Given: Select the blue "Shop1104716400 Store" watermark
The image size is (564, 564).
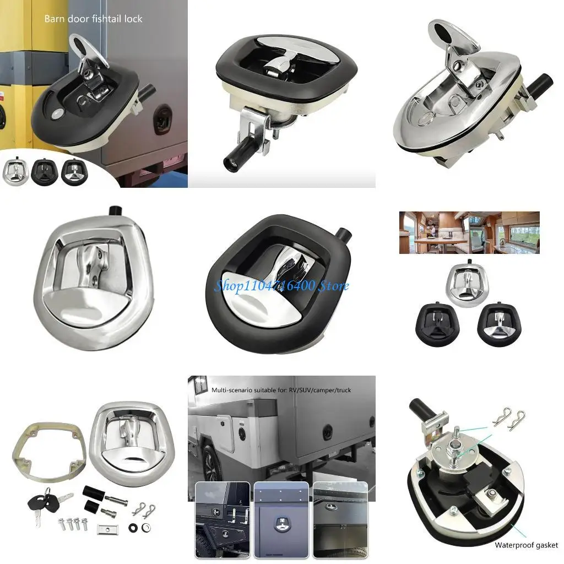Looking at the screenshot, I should [282, 286].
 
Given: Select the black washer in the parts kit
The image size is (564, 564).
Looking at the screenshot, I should [133, 528].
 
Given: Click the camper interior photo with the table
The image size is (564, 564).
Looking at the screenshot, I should [469, 232].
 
